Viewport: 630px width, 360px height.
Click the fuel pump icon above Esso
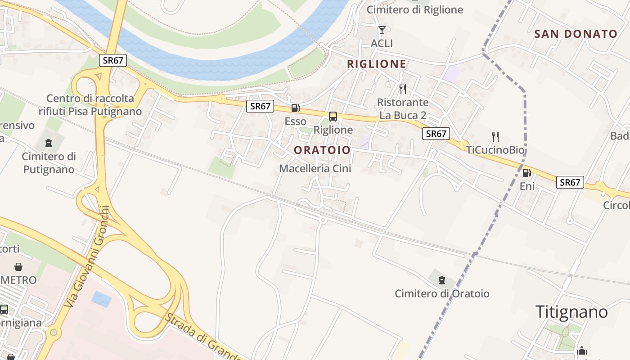click(295, 108)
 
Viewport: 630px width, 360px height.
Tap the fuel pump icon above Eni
click(526, 172)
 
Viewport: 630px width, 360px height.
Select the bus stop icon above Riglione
click(333, 117)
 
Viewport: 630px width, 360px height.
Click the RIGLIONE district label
click(376, 64)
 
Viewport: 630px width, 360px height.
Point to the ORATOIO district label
click(322, 150)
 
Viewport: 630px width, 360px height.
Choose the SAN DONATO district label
click(576, 34)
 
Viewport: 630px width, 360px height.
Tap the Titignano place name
click(571, 311)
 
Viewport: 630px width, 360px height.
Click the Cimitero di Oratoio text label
click(442, 294)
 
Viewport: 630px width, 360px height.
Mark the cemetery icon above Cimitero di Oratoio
click(442, 280)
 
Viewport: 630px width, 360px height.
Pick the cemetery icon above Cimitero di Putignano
click(49, 143)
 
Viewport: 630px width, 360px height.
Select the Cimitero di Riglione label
click(414, 9)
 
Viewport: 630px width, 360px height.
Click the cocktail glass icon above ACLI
click(382, 30)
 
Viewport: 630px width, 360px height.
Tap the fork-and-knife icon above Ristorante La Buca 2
click(402, 89)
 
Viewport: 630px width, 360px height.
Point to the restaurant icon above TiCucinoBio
click(495, 136)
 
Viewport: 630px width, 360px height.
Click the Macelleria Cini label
click(315, 168)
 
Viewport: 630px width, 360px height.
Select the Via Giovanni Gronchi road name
click(87, 256)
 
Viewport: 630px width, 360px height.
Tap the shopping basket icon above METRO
click(18, 267)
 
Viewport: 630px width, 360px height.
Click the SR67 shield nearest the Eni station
click(570, 182)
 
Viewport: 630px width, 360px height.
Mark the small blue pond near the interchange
click(101, 299)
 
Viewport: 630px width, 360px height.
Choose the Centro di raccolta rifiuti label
click(90, 104)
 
